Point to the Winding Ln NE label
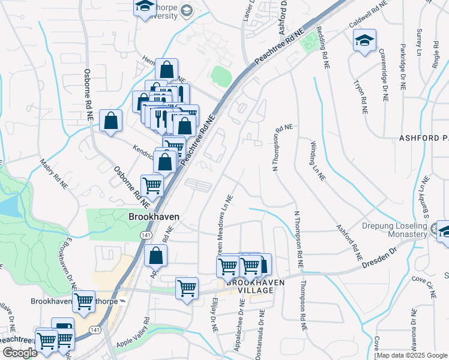click(x=318, y=161)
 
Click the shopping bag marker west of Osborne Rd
click(x=111, y=121)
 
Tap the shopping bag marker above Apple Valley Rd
click(x=155, y=256)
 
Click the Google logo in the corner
click(x=19, y=353)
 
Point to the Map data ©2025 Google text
click(x=411, y=355)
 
